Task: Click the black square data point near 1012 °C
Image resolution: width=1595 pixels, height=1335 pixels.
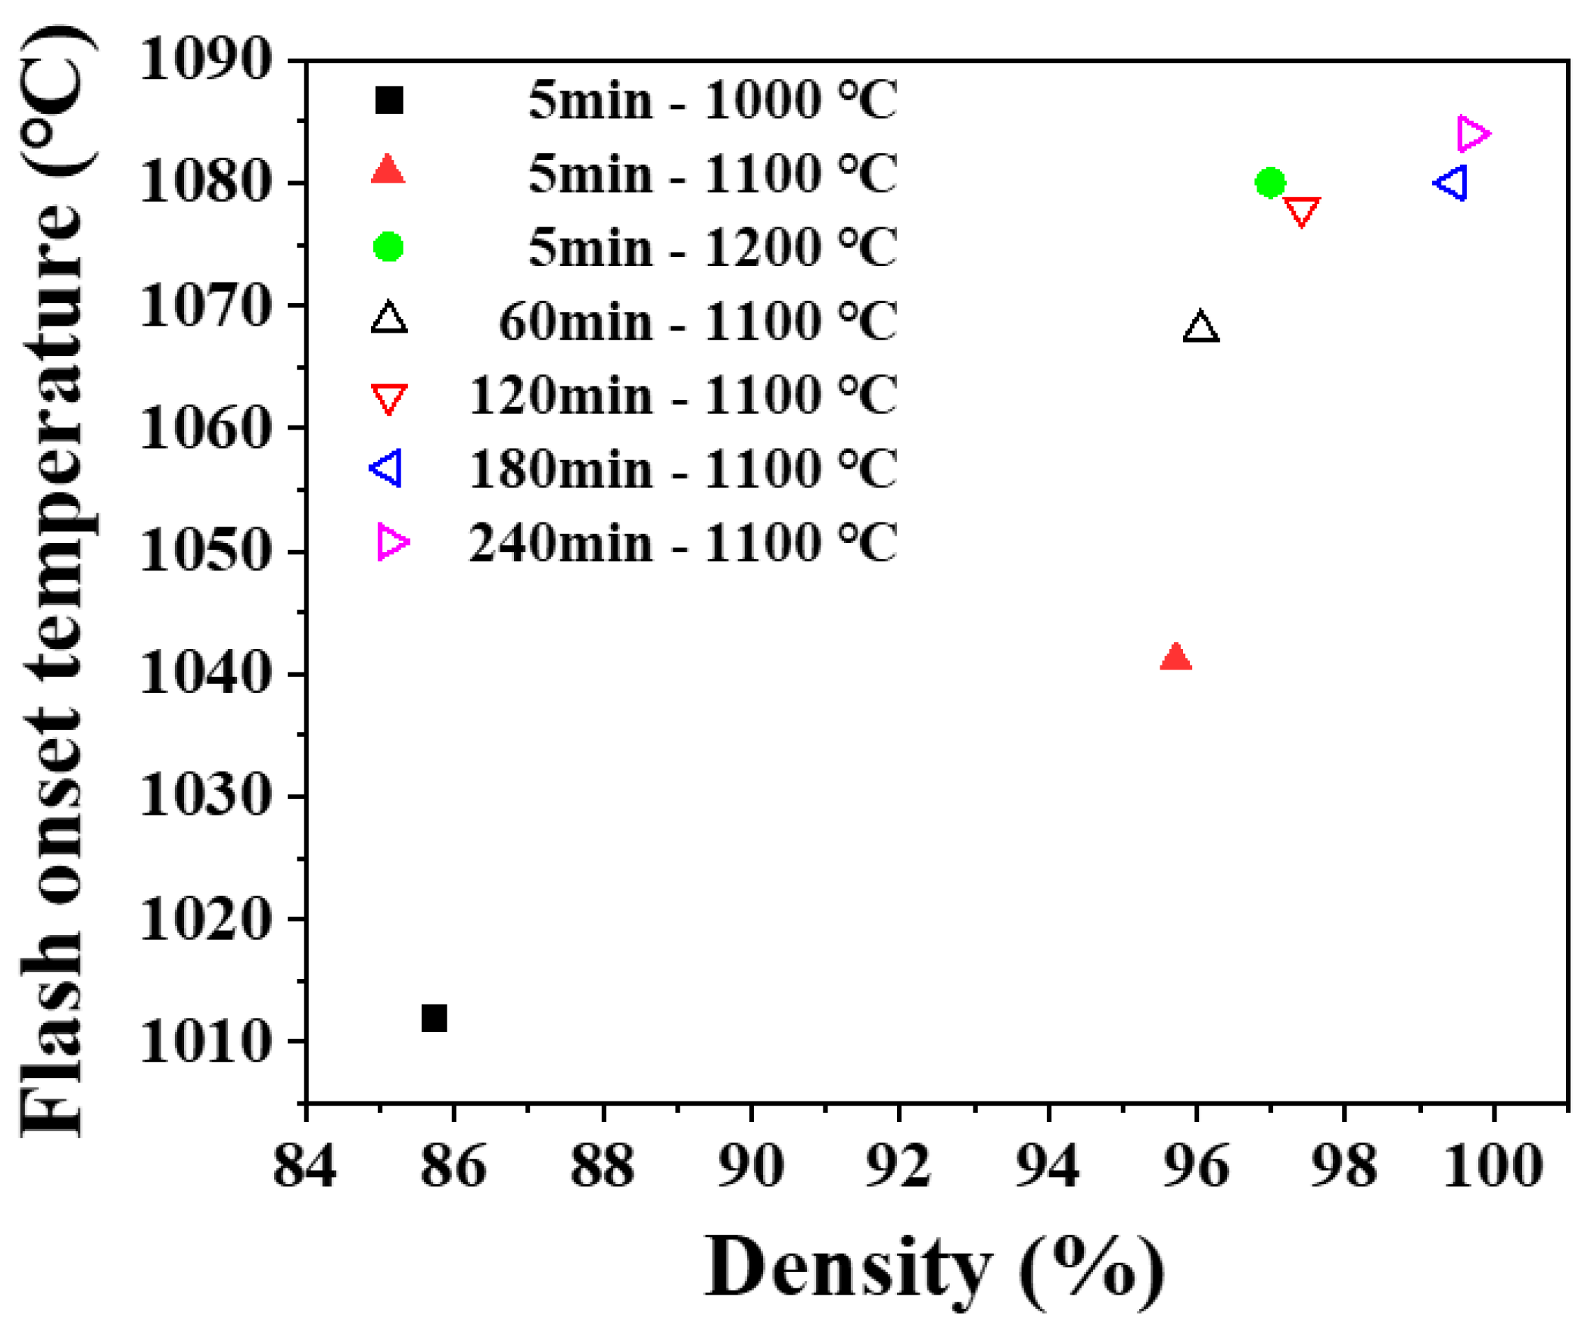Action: tap(434, 1018)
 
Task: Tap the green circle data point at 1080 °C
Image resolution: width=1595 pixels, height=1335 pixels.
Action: tap(1270, 182)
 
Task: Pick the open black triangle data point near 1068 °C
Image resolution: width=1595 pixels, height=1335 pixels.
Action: tap(1201, 328)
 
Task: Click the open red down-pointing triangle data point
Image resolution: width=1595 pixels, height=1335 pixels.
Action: tap(1302, 210)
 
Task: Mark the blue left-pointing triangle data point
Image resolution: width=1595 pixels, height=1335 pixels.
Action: tap(1452, 183)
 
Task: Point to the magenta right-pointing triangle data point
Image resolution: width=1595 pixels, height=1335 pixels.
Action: tap(1473, 134)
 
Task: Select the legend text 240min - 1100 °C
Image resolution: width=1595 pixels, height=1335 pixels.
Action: tap(682, 543)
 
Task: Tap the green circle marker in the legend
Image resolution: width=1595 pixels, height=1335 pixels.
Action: tap(388, 247)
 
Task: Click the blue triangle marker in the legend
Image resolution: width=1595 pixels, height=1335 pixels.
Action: tap(387, 469)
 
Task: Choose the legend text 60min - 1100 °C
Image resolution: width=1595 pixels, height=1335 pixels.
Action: tap(697, 321)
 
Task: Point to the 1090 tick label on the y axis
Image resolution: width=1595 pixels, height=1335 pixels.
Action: tap(205, 59)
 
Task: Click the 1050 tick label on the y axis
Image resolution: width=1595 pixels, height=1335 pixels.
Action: tap(205, 550)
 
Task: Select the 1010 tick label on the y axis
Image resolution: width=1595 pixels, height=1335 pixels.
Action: tap(205, 1041)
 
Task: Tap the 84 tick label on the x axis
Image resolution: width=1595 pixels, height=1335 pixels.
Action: tap(304, 1167)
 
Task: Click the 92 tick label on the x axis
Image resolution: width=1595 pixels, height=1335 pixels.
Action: tap(898, 1167)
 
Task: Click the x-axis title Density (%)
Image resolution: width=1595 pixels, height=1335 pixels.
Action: tap(934, 1268)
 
